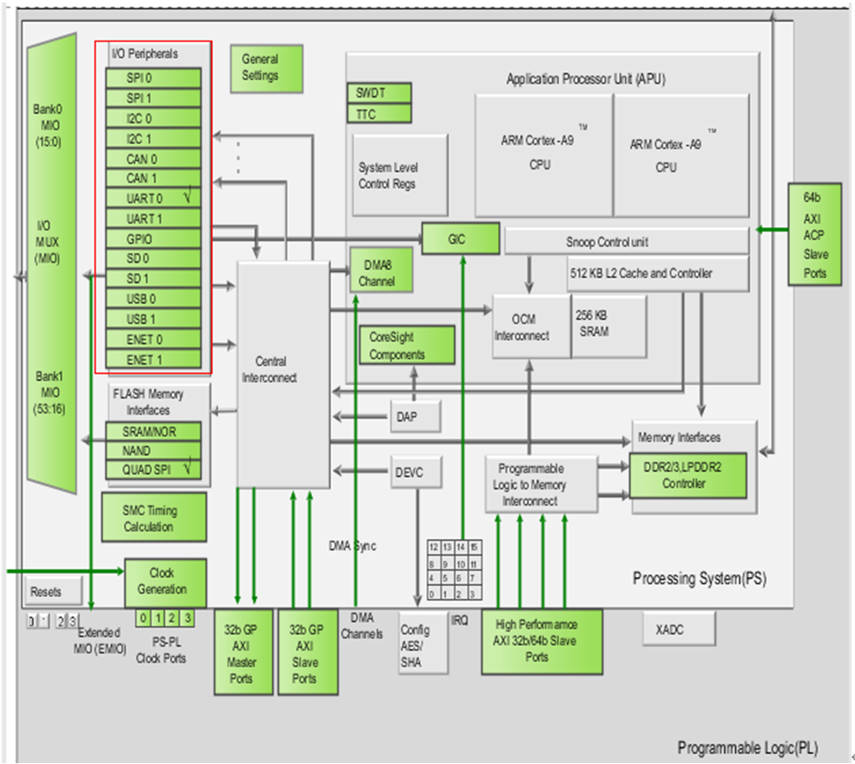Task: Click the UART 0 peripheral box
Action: pyautogui.click(x=153, y=198)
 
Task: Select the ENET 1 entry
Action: pyautogui.click(x=153, y=360)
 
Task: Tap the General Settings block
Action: pyautogui.click(x=259, y=68)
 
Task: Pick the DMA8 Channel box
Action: pyautogui.click(x=381, y=272)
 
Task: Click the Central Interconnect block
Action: pyautogui.click(x=283, y=371)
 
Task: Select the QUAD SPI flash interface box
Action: pyautogui.click(x=153, y=469)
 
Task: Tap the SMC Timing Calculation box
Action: pyautogui.click(x=152, y=517)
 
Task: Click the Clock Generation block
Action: pyautogui.click(x=166, y=581)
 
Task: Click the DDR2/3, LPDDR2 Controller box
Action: pyautogui.click(x=689, y=476)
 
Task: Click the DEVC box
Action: pyautogui.click(x=416, y=473)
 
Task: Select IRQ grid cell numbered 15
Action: pyautogui.click(x=475, y=547)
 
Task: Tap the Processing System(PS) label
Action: pyautogui.click(x=699, y=579)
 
